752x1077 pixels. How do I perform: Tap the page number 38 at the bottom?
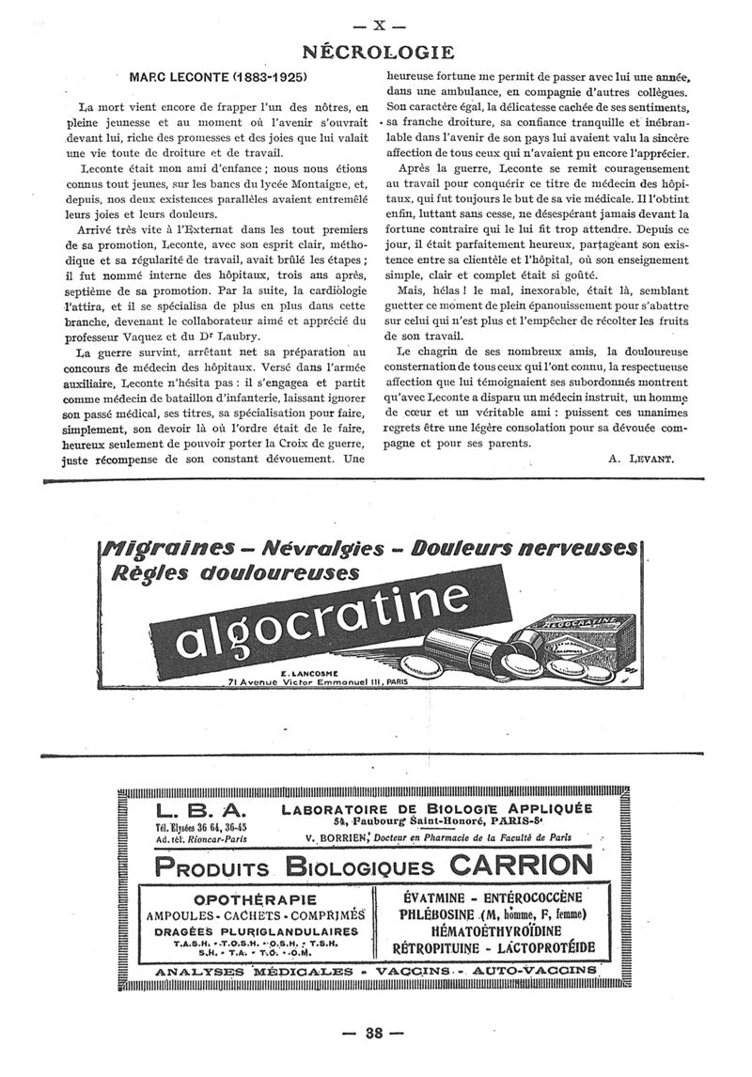[374, 1032]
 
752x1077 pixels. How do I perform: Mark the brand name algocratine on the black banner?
[321, 620]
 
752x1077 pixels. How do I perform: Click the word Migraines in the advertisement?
[164, 548]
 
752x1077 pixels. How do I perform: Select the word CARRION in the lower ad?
[522, 866]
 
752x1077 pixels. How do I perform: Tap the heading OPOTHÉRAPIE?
[255, 898]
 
